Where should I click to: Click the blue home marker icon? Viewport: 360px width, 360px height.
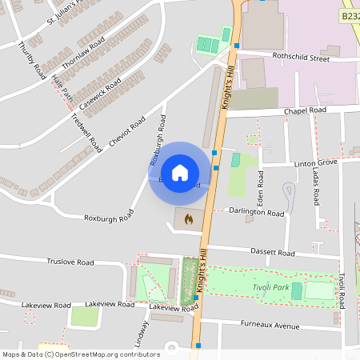click(180, 172)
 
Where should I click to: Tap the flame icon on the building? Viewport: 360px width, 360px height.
click(189, 218)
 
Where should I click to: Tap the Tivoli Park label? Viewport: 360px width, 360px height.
click(268, 288)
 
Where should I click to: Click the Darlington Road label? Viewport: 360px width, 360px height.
click(256, 214)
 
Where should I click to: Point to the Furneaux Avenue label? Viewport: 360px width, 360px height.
click(270, 326)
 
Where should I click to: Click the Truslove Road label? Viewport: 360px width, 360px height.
click(70, 262)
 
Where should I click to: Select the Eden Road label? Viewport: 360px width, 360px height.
click(260, 186)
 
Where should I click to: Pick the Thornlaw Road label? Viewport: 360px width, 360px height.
click(83, 54)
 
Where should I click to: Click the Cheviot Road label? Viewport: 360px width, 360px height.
click(127, 133)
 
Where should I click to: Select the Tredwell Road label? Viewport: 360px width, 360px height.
click(86, 132)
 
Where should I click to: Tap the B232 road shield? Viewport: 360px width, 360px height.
click(350, 15)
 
